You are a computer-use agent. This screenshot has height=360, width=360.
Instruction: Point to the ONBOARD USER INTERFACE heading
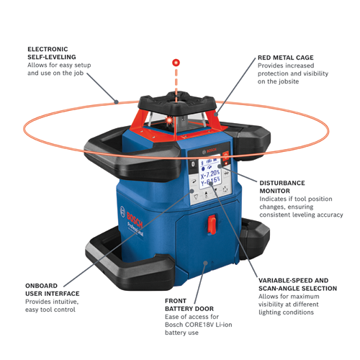(53, 290)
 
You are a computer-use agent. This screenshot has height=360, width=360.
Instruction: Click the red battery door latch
(212, 225)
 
